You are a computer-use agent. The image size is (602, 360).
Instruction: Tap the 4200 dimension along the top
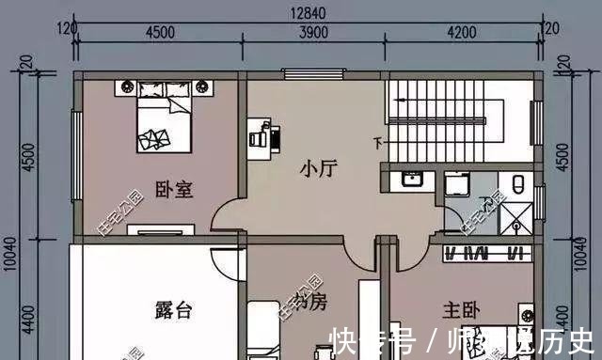[x=463, y=31]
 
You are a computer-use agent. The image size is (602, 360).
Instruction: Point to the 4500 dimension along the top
[x=159, y=31]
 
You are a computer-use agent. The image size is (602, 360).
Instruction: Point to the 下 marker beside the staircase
[x=378, y=143]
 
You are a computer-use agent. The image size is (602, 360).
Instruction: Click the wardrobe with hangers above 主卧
[x=483, y=254]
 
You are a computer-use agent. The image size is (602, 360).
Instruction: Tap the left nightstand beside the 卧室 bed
[x=125, y=88]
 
